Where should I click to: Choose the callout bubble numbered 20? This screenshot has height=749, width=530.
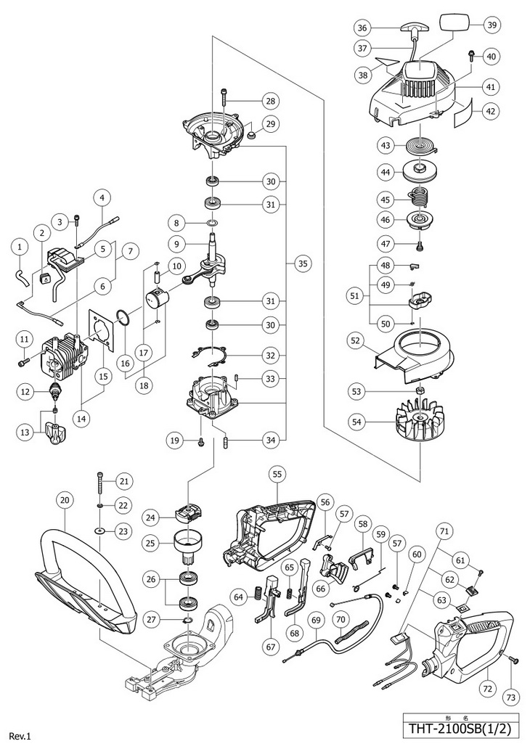[65, 500]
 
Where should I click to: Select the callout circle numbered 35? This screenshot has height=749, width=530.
[302, 265]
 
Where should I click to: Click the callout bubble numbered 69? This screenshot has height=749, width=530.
[315, 620]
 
